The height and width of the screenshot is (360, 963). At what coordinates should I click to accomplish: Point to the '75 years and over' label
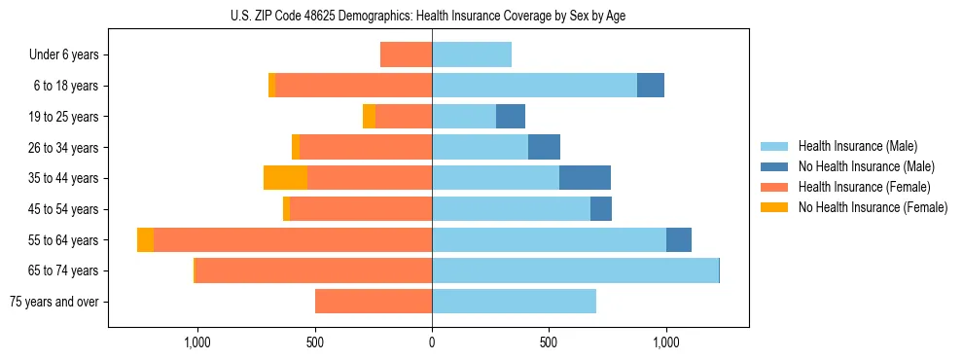pyautogui.click(x=54, y=302)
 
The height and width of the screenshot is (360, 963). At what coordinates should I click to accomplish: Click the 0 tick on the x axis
pyautogui.click(x=432, y=343)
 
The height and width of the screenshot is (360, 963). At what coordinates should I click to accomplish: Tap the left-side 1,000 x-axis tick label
pyautogui.click(x=197, y=343)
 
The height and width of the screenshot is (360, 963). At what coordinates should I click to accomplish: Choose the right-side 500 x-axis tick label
pyautogui.click(x=549, y=343)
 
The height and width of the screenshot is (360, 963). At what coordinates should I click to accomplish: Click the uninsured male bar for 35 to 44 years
pyautogui.click(x=585, y=178)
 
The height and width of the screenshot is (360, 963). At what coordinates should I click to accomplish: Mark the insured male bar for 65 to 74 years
pyautogui.click(x=575, y=270)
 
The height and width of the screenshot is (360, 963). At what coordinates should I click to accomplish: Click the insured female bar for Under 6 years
pyautogui.click(x=406, y=54)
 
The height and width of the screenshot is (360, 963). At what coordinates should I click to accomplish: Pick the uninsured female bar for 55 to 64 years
pyautogui.click(x=145, y=240)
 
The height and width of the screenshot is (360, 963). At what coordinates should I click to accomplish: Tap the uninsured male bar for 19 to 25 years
pyautogui.click(x=511, y=117)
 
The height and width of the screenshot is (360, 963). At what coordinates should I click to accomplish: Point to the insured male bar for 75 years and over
pyautogui.click(x=514, y=302)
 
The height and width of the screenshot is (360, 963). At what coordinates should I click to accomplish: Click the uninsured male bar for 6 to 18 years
pyautogui.click(x=651, y=86)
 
